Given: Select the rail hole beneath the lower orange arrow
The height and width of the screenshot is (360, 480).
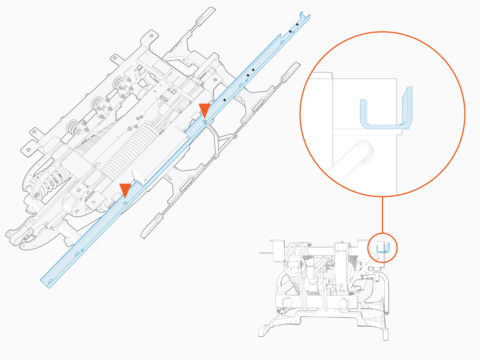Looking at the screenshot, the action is (x=125, y=203).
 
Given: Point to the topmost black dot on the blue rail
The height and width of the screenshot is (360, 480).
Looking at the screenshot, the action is (x=297, y=24).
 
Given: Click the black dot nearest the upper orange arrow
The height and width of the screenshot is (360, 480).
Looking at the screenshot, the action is (x=224, y=100).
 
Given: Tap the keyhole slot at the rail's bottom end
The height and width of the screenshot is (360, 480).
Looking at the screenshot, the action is (x=51, y=281).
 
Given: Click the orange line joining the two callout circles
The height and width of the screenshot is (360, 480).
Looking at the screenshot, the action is (x=382, y=214).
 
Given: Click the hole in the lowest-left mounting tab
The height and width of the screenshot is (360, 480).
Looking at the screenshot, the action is (x=28, y=150).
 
